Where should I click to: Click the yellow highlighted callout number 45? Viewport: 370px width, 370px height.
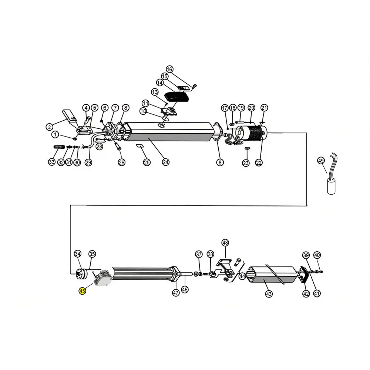[82, 291]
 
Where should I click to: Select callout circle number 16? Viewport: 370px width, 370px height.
[169, 69]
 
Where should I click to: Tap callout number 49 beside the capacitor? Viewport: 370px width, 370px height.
[321, 161]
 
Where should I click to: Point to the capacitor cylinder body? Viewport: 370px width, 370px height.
[331, 186]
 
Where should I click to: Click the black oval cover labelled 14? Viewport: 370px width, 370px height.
[177, 97]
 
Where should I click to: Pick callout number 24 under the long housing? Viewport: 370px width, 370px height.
[166, 162]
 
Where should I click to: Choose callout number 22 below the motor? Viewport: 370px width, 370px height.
[259, 162]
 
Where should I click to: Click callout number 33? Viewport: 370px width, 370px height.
[52, 162]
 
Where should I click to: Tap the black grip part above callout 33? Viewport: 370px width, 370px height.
[58, 147]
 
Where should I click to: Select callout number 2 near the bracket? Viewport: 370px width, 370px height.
[49, 127]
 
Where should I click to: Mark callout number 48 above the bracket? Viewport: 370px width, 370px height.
[225, 243]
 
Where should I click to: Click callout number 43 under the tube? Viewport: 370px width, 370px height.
[269, 294]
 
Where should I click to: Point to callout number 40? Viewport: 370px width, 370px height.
[317, 255]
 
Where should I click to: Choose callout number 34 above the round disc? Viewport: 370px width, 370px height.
[78, 254]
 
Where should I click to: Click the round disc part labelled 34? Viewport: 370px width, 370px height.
[81, 275]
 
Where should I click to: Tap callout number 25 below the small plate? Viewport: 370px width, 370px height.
[147, 162]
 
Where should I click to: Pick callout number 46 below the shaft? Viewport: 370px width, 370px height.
[185, 289]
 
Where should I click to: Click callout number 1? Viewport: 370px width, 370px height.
[55, 135]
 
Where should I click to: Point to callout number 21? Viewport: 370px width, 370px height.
[264, 108]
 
